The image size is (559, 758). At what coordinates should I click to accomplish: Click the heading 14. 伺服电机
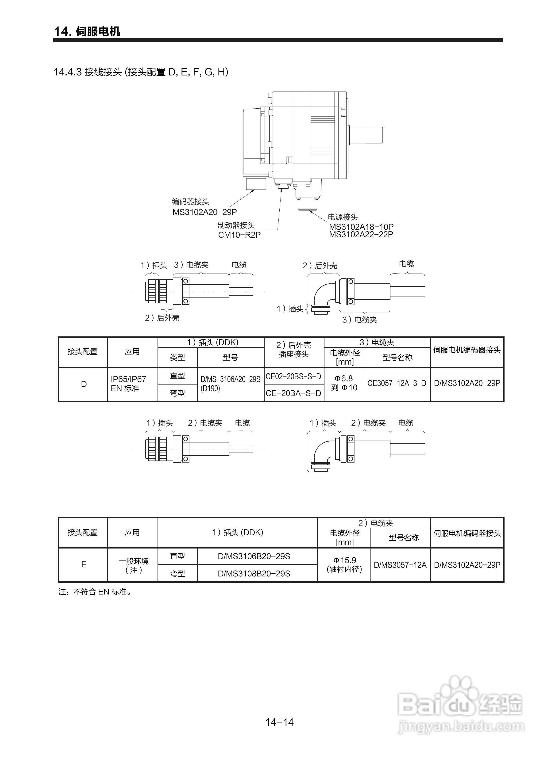click(x=87, y=31)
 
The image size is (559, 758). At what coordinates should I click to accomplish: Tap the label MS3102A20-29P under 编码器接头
click(x=204, y=212)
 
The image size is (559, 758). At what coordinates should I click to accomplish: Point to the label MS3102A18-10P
click(x=361, y=227)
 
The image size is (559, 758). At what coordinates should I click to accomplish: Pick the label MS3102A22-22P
click(x=361, y=234)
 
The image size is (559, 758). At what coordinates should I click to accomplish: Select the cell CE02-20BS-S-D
click(x=293, y=376)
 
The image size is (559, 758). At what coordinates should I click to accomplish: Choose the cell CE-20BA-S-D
click(x=293, y=393)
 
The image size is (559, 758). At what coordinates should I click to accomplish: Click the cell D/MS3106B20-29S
click(x=254, y=556)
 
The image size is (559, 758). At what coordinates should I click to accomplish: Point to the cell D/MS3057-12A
click(x=400, y=565)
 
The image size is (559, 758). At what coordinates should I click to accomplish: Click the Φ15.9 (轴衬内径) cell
click(x=344, y=565)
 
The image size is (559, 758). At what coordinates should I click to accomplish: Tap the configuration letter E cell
click(x=84, y=565)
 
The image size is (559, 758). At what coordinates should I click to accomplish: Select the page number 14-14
click(x=279, y=722)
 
